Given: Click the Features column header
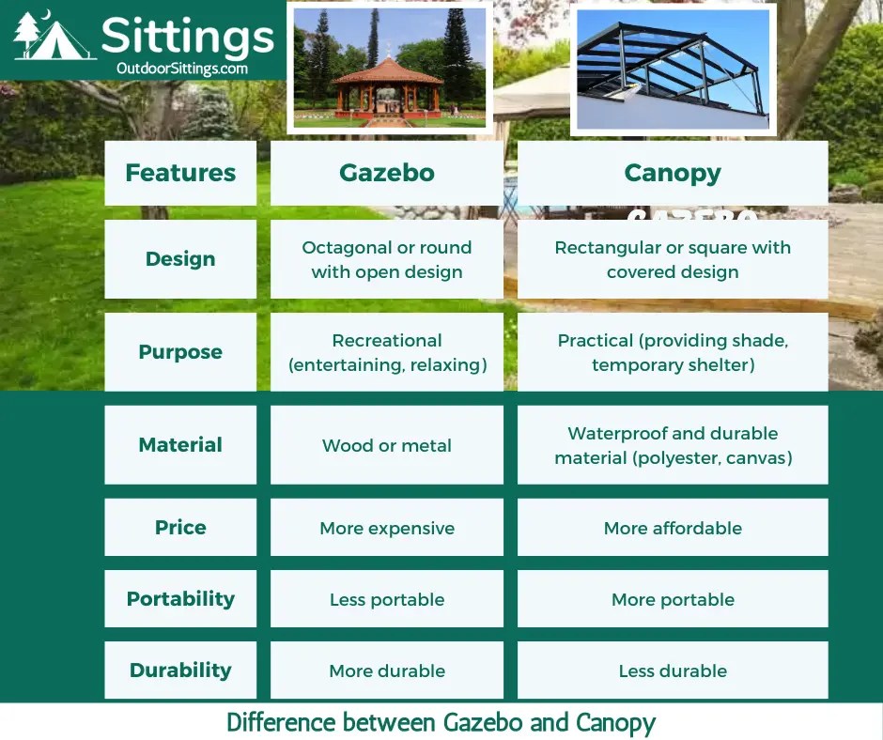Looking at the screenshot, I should tap(180, 173).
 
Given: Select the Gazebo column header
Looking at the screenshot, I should tap(387, 173).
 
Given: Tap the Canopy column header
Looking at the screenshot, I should tap(673, 173).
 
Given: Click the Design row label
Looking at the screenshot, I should tap(180, 259).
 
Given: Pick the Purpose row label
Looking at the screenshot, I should tap(180, 352).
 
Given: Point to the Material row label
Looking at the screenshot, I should tap(180, 445).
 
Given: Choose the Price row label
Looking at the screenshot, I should tap(180, 527).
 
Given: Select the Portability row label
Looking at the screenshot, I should tap(180, 599).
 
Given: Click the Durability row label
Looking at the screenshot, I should tap(180, 671).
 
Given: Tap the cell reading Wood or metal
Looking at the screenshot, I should tap(387, 445).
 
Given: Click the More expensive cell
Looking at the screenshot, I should tap(387, 528).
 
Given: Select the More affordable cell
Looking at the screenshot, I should tap(673, 528).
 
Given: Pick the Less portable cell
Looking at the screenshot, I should tap(387, 599).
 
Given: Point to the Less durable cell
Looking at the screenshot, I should tap(673, 671).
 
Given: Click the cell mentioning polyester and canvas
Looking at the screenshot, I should tap(673, 445).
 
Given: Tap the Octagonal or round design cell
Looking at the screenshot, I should tap(387, 259).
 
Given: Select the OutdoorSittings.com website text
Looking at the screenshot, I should tap(182, 68).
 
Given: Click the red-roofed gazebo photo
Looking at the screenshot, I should tap(390, 68).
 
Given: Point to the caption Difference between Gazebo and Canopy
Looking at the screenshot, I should tap(441, 722).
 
